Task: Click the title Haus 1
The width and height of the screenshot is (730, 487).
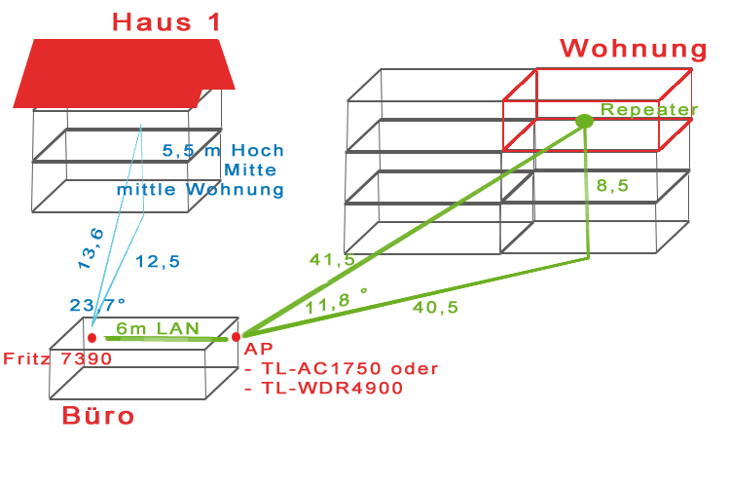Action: [x=166, y=22]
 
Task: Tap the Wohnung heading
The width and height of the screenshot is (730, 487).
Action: [x=634, y=49]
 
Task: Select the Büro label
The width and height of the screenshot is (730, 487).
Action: [x=97, y=415]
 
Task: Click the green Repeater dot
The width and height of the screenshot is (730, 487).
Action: [x=584, y=121]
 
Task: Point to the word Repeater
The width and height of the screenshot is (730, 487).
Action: [x=649, y=109]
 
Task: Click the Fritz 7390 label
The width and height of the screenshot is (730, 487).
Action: [x=57, y=358]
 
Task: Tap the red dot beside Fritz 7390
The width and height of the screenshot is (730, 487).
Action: [x=91, y=337]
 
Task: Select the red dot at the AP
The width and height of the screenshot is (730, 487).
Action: [x=237, y=336]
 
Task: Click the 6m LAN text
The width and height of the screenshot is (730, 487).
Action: [x=158, y=328]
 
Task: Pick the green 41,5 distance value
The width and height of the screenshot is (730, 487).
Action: [x=333, y=260]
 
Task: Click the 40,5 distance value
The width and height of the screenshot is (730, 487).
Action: [x=435, y=307]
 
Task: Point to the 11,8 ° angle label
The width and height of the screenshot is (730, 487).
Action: [x=336, y=302]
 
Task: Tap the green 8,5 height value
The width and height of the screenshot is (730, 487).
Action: [x=612, y=185]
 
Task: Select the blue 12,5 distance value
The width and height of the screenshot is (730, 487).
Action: [x=158, y=261]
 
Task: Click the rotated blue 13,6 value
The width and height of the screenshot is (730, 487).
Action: [x=91, y=248]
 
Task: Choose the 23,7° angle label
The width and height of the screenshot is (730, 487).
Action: [x=97, y=305]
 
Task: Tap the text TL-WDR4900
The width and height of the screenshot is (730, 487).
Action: [x=333, y=388]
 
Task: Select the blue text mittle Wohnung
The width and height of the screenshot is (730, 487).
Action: [x=201, y=189]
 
